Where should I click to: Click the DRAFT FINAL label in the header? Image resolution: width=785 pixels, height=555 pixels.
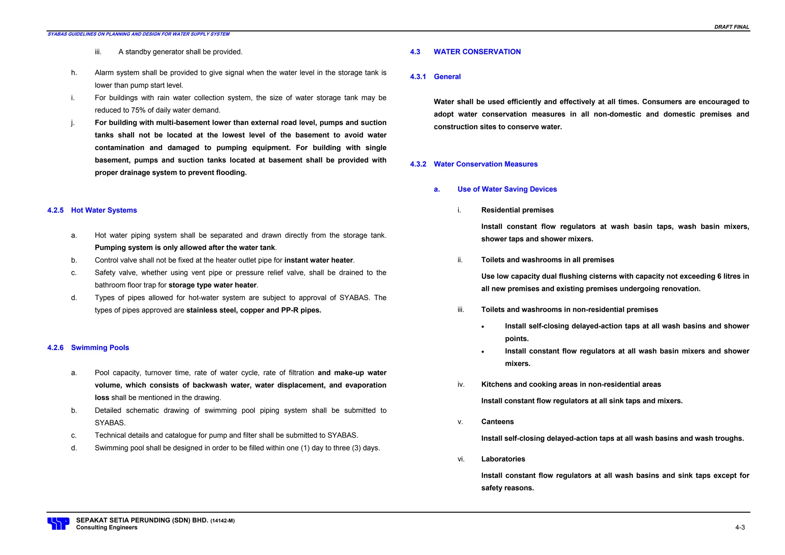(x=731, y=27)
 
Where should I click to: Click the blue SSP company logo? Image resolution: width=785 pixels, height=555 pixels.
(x=58, y=523)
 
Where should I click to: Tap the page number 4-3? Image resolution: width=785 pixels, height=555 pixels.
(x=740, y=527)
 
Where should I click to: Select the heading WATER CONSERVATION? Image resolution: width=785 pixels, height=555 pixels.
(x=477, y=52)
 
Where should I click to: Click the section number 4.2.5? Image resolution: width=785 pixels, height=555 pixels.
(x=55, y=210)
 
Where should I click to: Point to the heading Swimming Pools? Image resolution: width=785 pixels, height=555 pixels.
(x=100, y=348)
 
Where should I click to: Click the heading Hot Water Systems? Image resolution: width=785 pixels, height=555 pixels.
(x=104, y=210)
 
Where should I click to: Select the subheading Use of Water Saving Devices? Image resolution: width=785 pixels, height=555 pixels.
(x=507, y=189)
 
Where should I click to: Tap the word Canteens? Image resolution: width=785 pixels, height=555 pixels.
(x=497, y=422)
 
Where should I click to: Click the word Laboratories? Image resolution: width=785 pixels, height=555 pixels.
(x=503, y=459)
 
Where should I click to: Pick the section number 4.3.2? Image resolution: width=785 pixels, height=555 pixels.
(x=418, y=164)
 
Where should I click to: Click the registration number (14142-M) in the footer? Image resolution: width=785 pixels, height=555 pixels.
(x=222, y=521)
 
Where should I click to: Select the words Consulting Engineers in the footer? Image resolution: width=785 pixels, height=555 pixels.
(x=107, y=527)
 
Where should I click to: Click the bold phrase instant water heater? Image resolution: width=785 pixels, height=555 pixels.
(x=318, y=260)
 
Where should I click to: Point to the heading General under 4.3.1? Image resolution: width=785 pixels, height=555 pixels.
(x=447, y=77)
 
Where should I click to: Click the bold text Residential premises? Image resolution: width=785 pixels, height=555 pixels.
(x=517, y=210)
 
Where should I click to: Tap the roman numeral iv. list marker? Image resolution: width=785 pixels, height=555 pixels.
(x=461, y=384)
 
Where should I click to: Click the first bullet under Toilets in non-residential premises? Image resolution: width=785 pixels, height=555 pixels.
(x=483, y=327)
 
